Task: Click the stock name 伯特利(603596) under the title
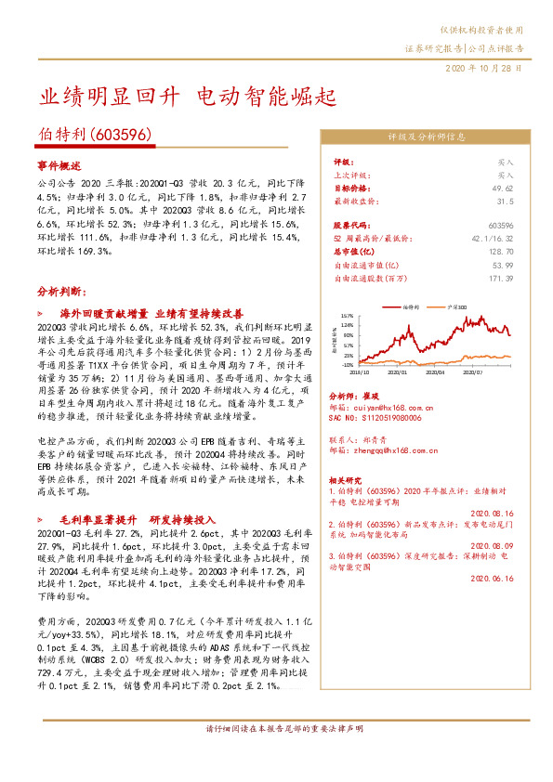[x=95, y=136]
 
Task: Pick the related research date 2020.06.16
[x=493, y=577]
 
